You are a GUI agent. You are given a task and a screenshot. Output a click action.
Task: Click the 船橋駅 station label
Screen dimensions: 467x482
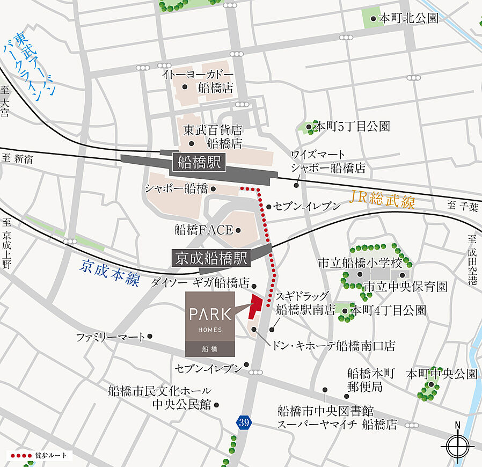(200, 163)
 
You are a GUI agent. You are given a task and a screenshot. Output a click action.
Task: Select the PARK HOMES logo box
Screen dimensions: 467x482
(210, 324)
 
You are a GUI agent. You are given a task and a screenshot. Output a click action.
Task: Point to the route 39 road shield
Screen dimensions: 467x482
(244, 422)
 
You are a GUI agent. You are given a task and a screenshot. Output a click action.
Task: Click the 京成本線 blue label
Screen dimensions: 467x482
(110, 272)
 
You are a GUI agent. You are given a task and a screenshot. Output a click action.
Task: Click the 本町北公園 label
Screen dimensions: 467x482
(408, 18)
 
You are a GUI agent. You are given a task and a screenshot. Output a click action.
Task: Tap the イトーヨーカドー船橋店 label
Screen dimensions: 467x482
(199, 81)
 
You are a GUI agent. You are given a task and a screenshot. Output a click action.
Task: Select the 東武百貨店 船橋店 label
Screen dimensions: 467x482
(213, 136)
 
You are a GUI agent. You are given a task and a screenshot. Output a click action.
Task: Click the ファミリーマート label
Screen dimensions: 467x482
(111, 337)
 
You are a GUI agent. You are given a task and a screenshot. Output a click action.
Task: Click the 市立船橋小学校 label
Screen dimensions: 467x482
(360, 264)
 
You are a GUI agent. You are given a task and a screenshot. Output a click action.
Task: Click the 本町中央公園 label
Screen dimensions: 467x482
(442, 374)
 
